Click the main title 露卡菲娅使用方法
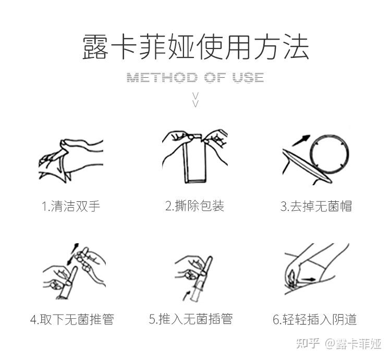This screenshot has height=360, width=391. point(195,47)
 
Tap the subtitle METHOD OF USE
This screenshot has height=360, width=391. point(195,78)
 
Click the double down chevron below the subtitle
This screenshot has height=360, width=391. point(195,99)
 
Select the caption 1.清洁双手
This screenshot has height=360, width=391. point(71,206)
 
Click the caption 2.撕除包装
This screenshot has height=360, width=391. point(194,206)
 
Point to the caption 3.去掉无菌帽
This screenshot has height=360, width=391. point(316,206)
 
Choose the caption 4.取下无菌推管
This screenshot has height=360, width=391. point(71,319)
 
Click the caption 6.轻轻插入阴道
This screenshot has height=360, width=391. point(315,319)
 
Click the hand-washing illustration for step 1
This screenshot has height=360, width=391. point(71,159)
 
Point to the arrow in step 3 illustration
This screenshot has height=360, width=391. point(300,140)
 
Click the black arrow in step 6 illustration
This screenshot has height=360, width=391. point(308,279)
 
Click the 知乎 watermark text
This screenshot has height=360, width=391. point(308,343)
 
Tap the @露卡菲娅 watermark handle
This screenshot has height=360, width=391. point(354,343)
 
